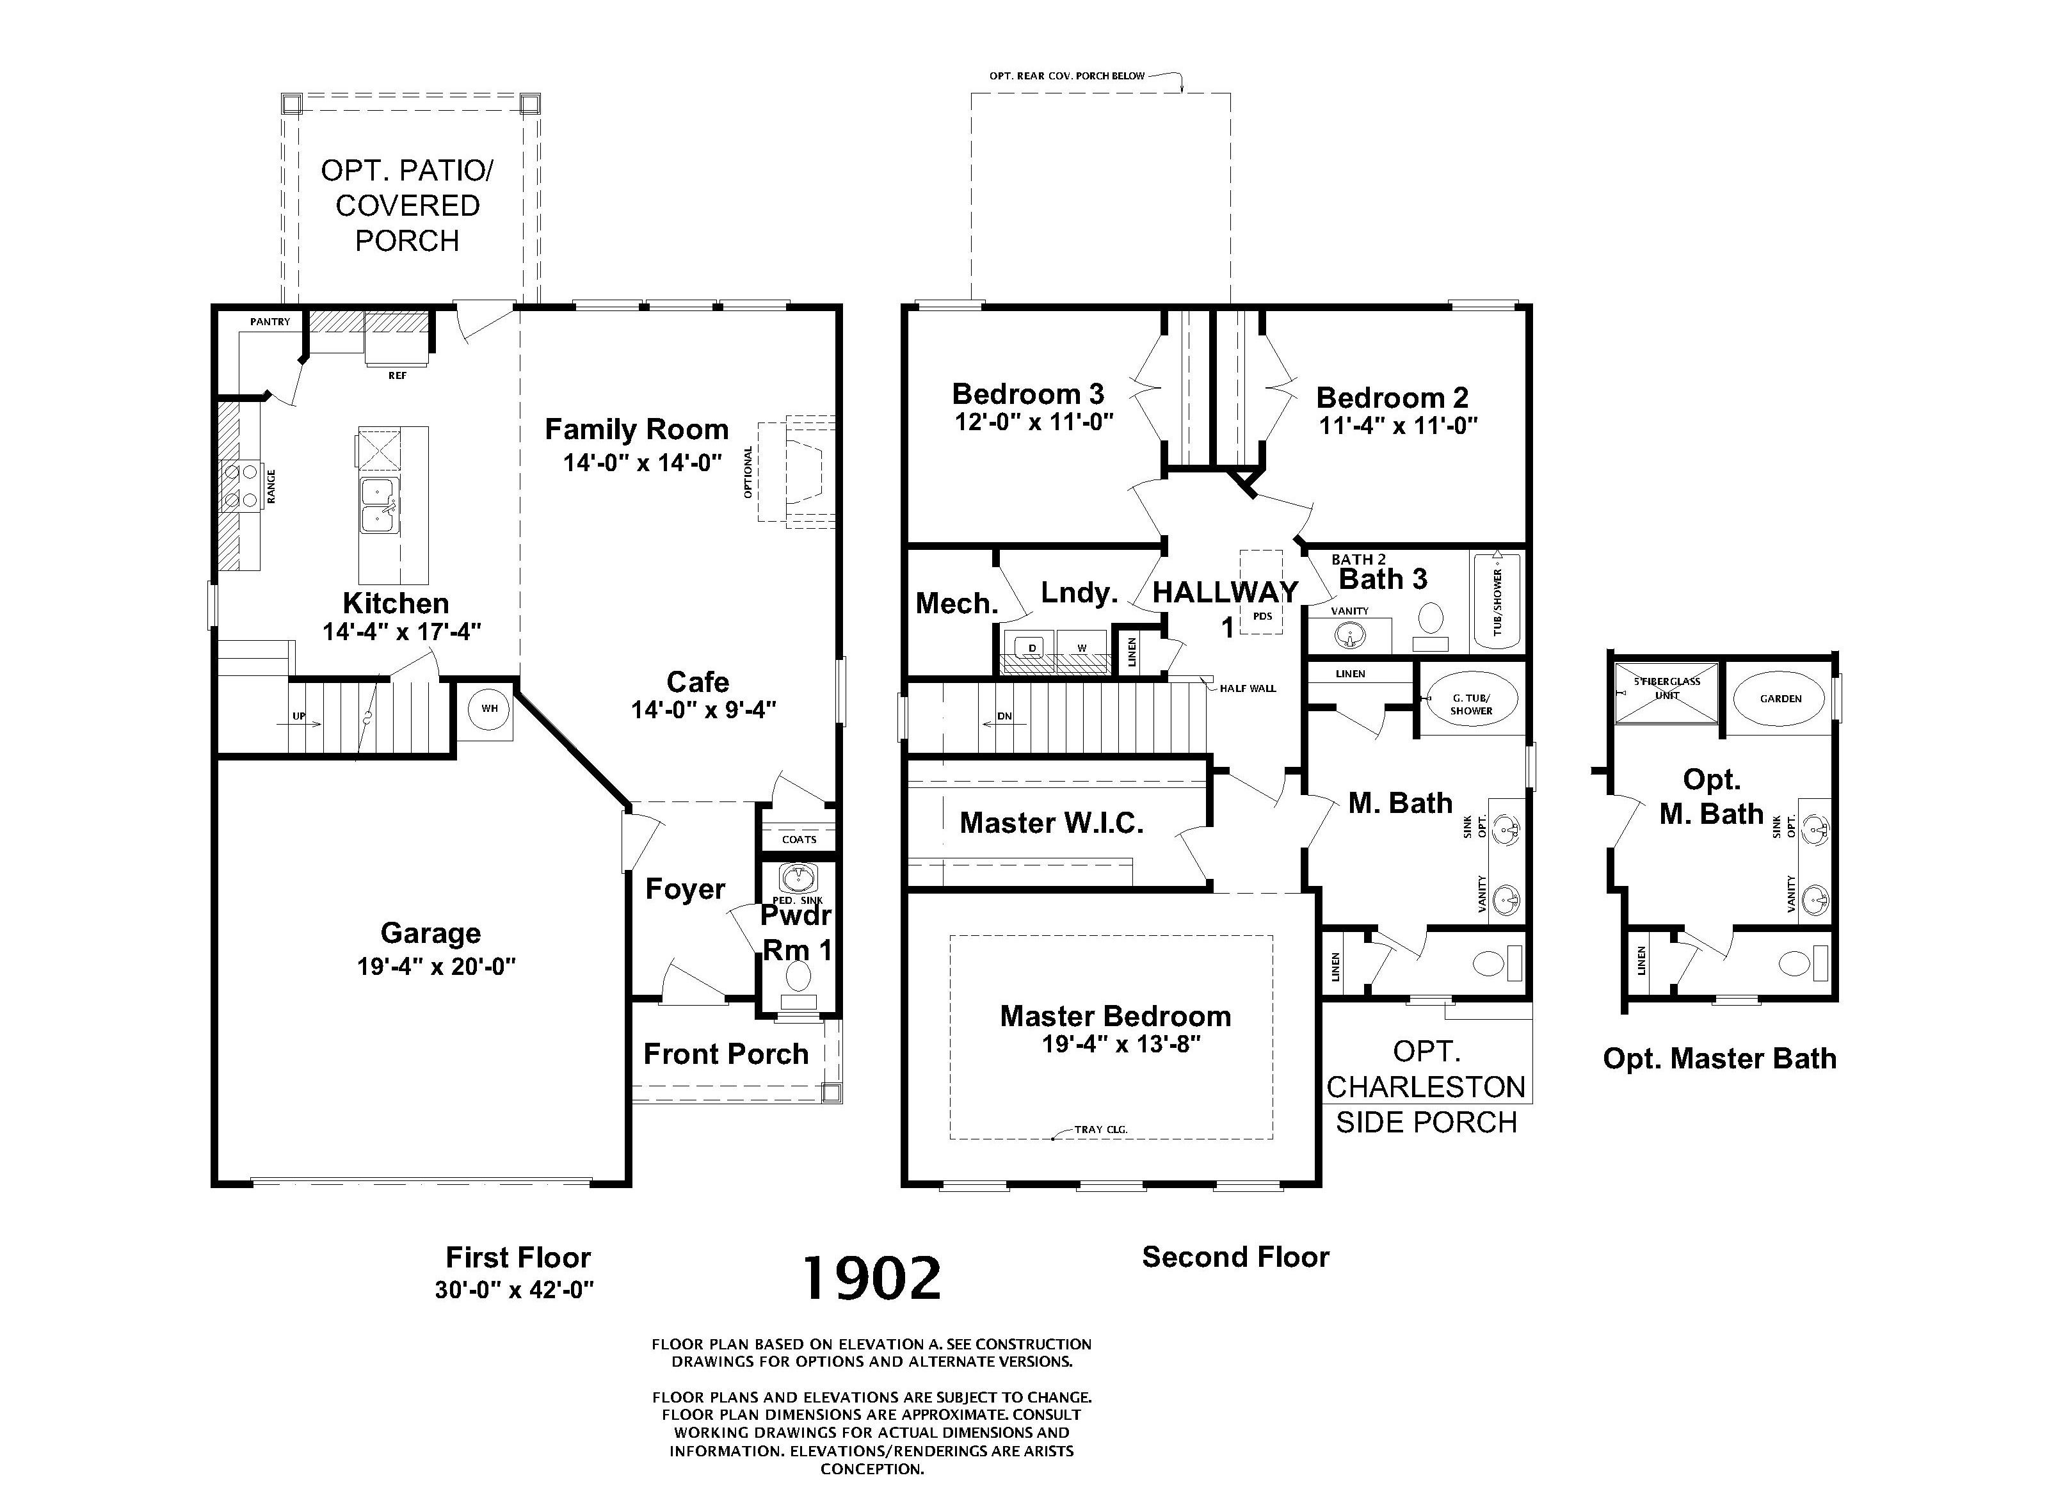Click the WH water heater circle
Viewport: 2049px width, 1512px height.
[490, 709]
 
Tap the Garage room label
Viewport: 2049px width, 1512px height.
[430, 933]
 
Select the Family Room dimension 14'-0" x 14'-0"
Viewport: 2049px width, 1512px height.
[643, 462]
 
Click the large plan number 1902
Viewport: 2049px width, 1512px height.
[872, 1278]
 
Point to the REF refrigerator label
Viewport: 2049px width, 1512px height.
[397, 375]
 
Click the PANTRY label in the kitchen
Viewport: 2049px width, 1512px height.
[270, 321]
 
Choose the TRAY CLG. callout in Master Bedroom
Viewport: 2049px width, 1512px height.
[1101, 1129]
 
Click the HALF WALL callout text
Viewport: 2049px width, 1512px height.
[1248, 688]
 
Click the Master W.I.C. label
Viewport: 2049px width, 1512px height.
[1052, 823]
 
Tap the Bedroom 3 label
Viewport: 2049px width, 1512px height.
[1028, 394]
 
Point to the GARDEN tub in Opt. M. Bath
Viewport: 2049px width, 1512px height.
[1780, 698]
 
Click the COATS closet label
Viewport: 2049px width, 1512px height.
[799, 839]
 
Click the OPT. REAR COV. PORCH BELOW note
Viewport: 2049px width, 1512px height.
[1066, 76]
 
